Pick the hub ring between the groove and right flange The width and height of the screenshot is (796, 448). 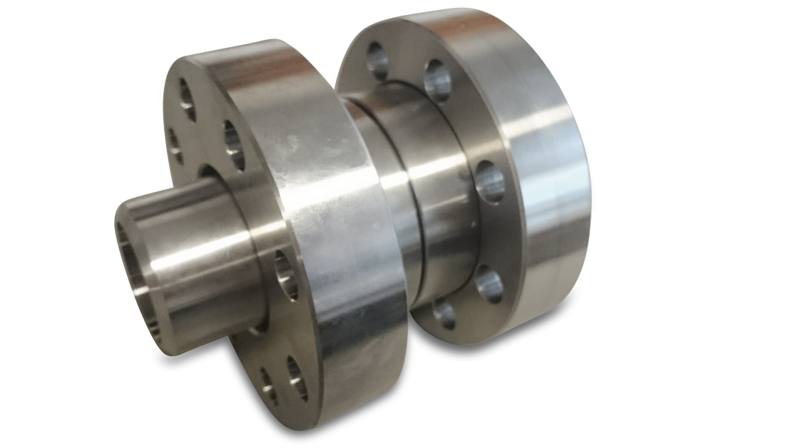449,214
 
